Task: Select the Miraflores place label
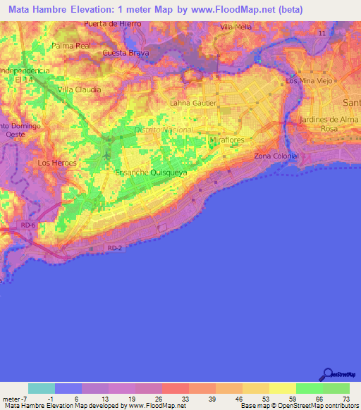(227, 140)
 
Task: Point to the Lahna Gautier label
(193, 103)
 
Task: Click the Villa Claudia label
(80, 89)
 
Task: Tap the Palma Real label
(72, 46)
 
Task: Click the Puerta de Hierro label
(112, 23)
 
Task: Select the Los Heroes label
(56, 163)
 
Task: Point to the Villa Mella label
(236, 27)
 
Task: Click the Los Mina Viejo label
(309, 82)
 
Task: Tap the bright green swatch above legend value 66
(309, 388)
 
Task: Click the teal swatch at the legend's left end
(42, 388)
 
